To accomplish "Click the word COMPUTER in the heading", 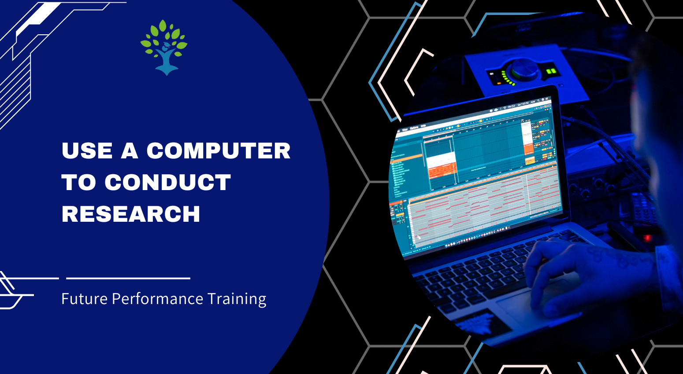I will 218,151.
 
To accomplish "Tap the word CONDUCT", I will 167,182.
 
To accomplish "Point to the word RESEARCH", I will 131,214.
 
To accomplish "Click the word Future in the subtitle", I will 85,299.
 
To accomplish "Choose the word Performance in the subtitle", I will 157,299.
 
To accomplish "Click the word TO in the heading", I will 78,182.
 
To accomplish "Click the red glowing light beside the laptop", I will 647,238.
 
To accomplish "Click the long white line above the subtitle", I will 128,278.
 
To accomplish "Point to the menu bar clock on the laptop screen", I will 523,104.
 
